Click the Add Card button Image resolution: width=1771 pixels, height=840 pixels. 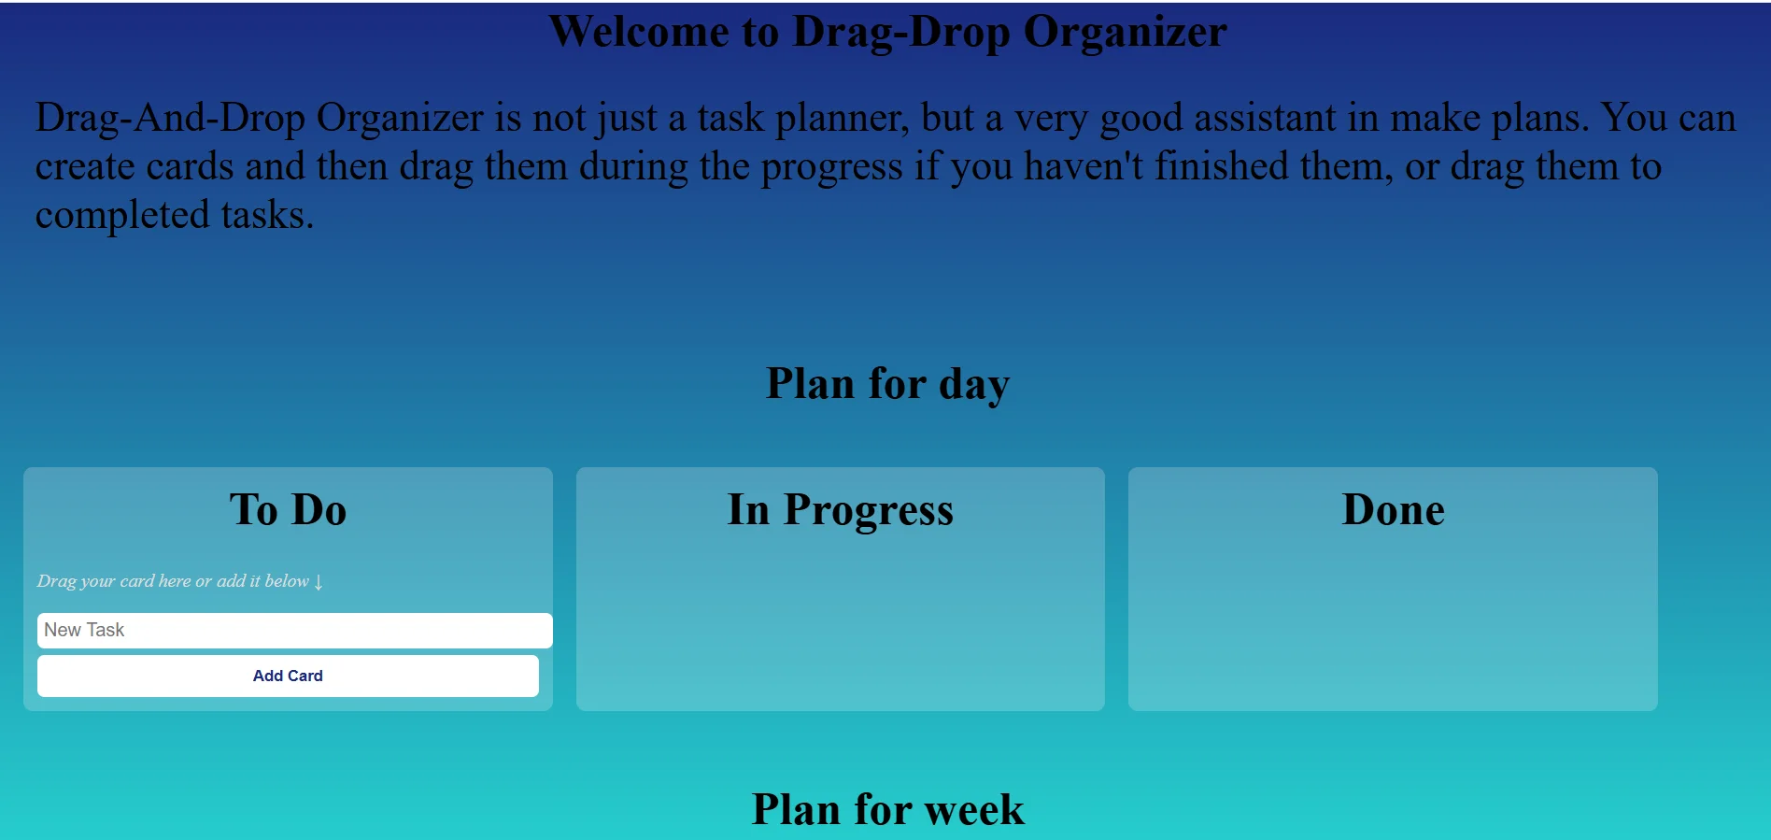coord(288,676)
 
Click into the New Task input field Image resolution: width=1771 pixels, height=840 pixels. coord(294,631)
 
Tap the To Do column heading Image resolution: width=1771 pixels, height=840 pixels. coord(288,510)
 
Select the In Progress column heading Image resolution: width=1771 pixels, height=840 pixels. coord(841,510)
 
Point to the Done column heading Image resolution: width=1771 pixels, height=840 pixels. coord(1393,510)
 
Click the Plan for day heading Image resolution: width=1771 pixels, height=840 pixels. coord(887,384)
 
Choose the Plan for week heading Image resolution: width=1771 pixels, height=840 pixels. coord(887,809)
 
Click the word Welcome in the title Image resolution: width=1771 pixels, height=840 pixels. coord(639,31)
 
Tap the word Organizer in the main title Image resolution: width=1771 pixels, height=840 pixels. coord(1125,33)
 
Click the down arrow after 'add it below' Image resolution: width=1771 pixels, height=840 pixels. coord(319,582)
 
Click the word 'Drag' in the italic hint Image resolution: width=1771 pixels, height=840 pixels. coord(56,581)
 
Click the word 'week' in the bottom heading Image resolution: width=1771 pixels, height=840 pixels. coord(974,809)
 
